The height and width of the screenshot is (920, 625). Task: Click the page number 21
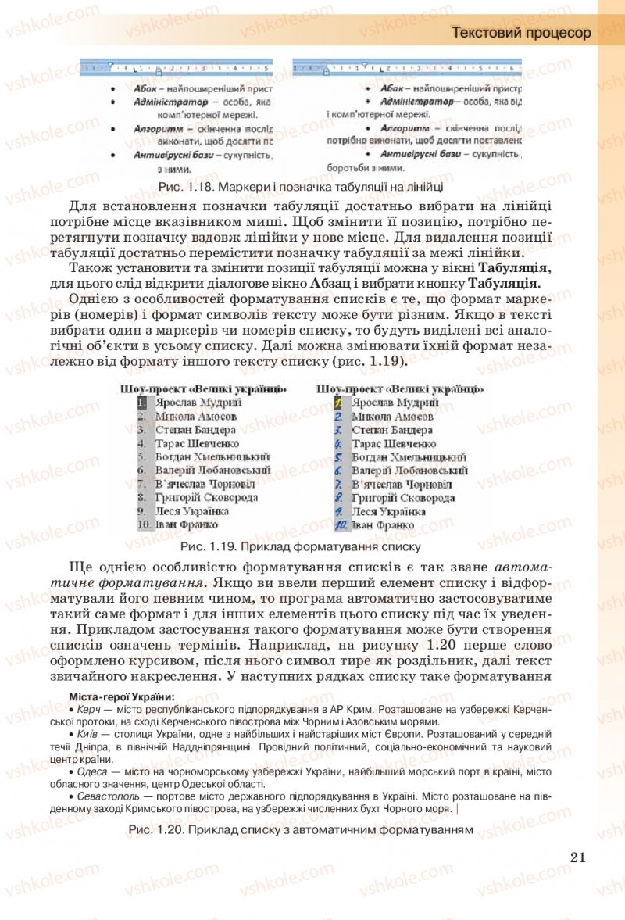pyautogui.click(x=578, y=856)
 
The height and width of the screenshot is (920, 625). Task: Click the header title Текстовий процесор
pyautogui.click(x=521, y=33)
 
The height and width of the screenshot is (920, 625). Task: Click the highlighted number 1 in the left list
pyautogui.click(x=141, y=403)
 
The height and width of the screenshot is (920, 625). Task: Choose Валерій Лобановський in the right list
pyautogui.click(x=409, y=471)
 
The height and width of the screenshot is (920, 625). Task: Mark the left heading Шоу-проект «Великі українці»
pyautogui.click(x=203, y=388)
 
